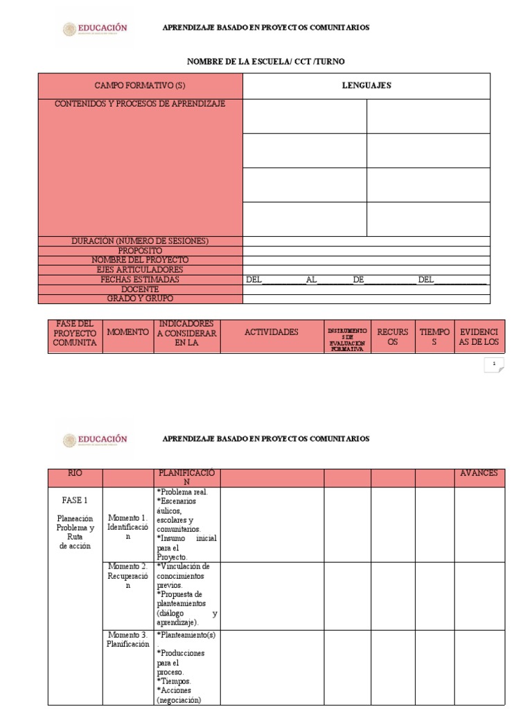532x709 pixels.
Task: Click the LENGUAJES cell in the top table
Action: click(366, 85)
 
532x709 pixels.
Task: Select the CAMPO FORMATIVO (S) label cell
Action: click(140, 85)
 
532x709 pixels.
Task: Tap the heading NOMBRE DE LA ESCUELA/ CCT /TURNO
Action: click(265, 62)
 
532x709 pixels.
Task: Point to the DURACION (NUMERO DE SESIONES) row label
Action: click(140, 241)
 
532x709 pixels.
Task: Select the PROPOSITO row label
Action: click(140, 251)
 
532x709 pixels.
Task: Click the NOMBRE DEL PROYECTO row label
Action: click(140, 260)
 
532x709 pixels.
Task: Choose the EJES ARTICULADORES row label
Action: click(140, 269)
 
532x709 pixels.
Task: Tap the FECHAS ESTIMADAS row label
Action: click(140, 280)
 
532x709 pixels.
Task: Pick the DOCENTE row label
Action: click(140, 289)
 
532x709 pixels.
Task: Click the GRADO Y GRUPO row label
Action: click(140, 298)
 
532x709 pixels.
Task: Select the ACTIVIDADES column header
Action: click(272, 332)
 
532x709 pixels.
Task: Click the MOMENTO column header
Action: click(127, 332)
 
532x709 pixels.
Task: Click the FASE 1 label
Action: click(75, 499)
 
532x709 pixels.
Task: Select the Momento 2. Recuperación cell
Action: click(127, 576)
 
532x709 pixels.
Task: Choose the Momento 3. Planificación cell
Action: click(127, 639)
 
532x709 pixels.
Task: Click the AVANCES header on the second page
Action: click(479, 474)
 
